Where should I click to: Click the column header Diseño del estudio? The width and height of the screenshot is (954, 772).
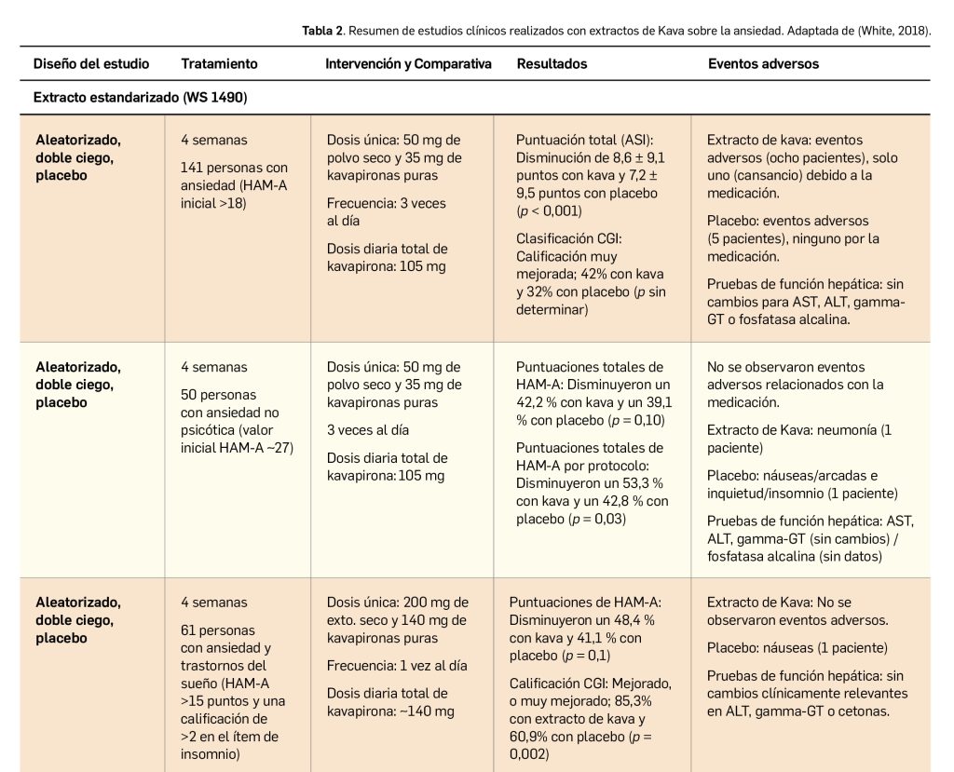90,64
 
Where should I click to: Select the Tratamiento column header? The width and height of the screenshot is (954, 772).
219,64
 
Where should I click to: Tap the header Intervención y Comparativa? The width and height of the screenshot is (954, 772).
408,64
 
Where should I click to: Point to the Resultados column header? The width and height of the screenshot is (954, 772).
552,64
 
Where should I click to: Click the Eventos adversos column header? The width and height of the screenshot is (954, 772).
763,64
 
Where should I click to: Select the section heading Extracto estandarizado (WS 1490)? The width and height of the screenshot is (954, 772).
140,97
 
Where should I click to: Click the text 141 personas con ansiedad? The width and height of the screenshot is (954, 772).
234,168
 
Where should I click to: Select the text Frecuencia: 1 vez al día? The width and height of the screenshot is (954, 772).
397,666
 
